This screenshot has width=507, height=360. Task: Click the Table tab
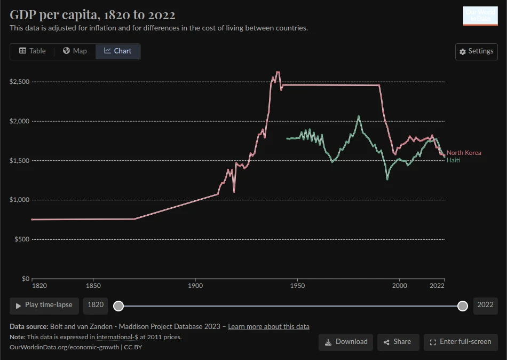click(33, 51)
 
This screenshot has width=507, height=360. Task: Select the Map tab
click(75, 51)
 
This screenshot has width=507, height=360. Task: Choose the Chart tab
click(117, 51)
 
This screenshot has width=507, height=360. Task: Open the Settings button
click(476, 51)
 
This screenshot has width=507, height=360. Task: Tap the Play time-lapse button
click(44, 305)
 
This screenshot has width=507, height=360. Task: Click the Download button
click(345, 342)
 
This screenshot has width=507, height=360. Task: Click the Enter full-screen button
click(460, 342)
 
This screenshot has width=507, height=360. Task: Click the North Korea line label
click(463, 153)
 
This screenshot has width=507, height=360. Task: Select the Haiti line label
click(453, 160)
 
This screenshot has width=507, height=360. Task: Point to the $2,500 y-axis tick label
click(19, 82)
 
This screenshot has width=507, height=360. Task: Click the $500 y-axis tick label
click(21, 239)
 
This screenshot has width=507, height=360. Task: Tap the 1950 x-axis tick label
click(297, 286)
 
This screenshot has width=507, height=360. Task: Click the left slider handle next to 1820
click(118, 306)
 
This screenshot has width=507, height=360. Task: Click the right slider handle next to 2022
click(463, 306)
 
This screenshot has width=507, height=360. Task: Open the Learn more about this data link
click(268, 326)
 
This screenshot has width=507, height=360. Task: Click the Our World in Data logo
click(480, 16)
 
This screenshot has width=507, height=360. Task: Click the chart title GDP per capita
click(92, 14)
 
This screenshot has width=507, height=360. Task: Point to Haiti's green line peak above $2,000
click(359, 116)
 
